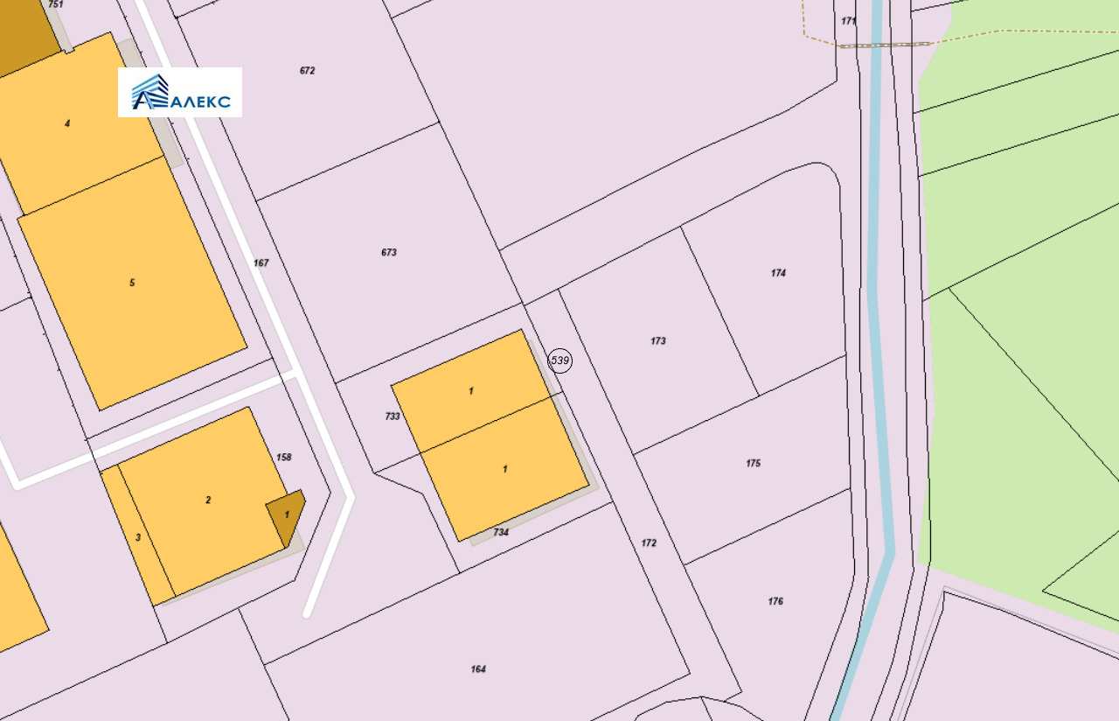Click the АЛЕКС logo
coord(180,92)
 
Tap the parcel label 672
coord(307,71)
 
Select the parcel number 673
coord(389,253)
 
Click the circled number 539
coord(560,360)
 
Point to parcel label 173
coord(658,341)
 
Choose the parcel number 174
coord(778,273)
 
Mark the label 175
coord(754,464)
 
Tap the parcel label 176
coord(775,602)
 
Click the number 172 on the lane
coord(649,543)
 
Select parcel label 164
coord(478,669)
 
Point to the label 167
coord(261,263)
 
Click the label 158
coord(283,458)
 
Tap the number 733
coord(393,416)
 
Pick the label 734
coord(501,532)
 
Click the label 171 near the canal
coord(849,21)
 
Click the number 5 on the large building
coord(132,283)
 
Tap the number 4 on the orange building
coord(67,123)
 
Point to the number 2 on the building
coord(208,500)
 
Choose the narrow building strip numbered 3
coord(138,537)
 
